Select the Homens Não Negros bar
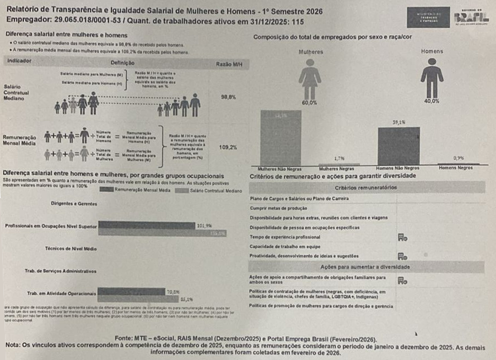(398, 146)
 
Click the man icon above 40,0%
(431, 78)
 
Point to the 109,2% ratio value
(228, 147)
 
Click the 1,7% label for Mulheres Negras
(339, 159)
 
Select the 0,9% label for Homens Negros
(458, 159)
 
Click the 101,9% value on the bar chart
(205, 225)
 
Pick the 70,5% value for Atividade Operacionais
(174, 291)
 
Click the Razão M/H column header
(228, 64)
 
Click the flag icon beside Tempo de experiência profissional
(402, 237)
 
